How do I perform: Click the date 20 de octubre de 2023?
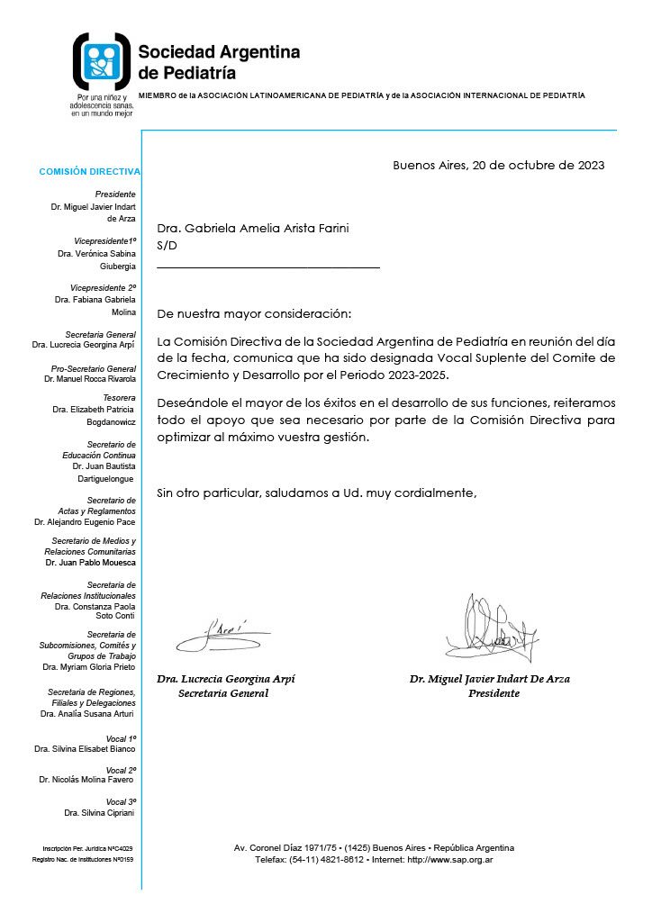coord(537,165)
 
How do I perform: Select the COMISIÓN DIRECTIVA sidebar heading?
coord(89,171)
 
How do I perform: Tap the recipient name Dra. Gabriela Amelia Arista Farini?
coord(252,229)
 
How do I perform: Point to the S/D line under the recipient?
coord(167,245)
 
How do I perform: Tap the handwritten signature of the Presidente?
coord(489,630)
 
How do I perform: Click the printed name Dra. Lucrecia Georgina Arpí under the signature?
coord(226,679)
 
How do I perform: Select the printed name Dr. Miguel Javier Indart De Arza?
coord(489,679)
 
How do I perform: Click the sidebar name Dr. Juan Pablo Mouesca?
coord(91,562)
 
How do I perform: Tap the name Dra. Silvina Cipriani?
coord(100,812)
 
